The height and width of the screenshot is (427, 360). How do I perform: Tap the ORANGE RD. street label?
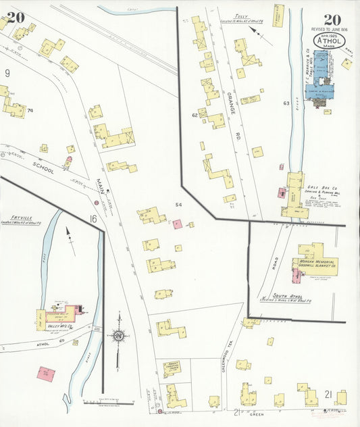click(x=232, y=101)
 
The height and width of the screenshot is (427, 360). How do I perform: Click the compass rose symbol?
click(x=119, y=333)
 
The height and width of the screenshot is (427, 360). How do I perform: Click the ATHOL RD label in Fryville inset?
click(x=34, y=343)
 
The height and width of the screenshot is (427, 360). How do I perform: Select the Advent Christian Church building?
click(x=172, y=369)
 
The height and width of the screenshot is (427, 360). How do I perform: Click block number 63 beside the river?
click(x=286, y=103)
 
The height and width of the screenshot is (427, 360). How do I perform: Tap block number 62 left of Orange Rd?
click(x=195, y=116)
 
